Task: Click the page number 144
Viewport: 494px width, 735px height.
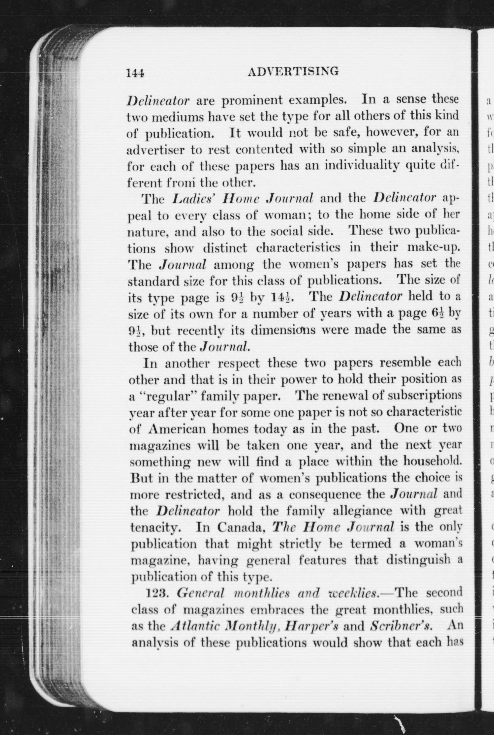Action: point(135,73)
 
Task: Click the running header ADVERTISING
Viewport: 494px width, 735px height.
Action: point(293,72)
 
